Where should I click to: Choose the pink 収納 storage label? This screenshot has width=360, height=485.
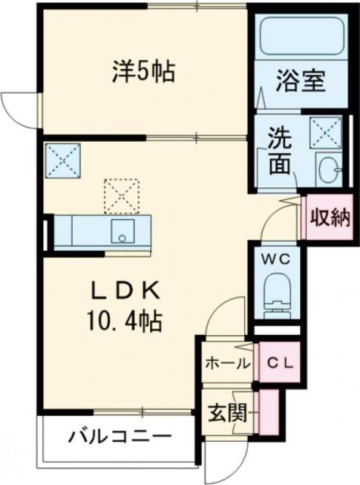coord(329,217)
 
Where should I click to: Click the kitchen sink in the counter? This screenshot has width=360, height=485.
coord(121,231)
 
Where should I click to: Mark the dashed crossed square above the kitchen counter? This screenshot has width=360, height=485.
coord(121,196)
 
